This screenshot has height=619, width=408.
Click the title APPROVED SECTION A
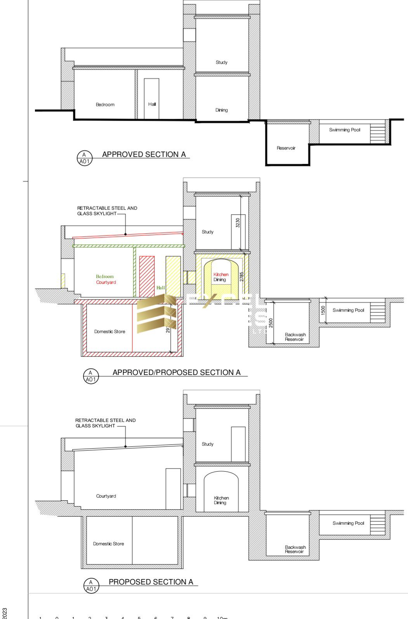point(144,154)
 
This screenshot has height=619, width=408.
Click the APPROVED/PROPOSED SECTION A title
point(176,372)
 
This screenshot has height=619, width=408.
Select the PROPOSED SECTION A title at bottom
point(151,582)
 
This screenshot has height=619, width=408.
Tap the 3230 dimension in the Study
point(238,223)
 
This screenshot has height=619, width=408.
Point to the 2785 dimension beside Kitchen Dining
point(241,277)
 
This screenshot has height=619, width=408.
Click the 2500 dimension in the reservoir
point(271,323)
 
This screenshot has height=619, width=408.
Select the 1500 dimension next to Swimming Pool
point(323,310)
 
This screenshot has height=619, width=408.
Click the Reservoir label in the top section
point(286,148)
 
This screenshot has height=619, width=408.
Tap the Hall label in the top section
point(152,104)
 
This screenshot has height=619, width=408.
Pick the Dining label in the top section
point(221,110)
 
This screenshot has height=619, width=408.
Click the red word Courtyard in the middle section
point(106,282)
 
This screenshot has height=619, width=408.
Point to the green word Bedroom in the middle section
point(105,277)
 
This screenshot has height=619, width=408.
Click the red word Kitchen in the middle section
point(221,274)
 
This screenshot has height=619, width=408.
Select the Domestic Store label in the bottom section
point(108,544)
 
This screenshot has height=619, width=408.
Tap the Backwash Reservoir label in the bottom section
point(295,549)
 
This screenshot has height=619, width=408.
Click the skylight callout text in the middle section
point(107,211)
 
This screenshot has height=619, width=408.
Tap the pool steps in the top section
point(377,132)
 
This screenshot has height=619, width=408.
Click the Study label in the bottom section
point(207,444)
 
